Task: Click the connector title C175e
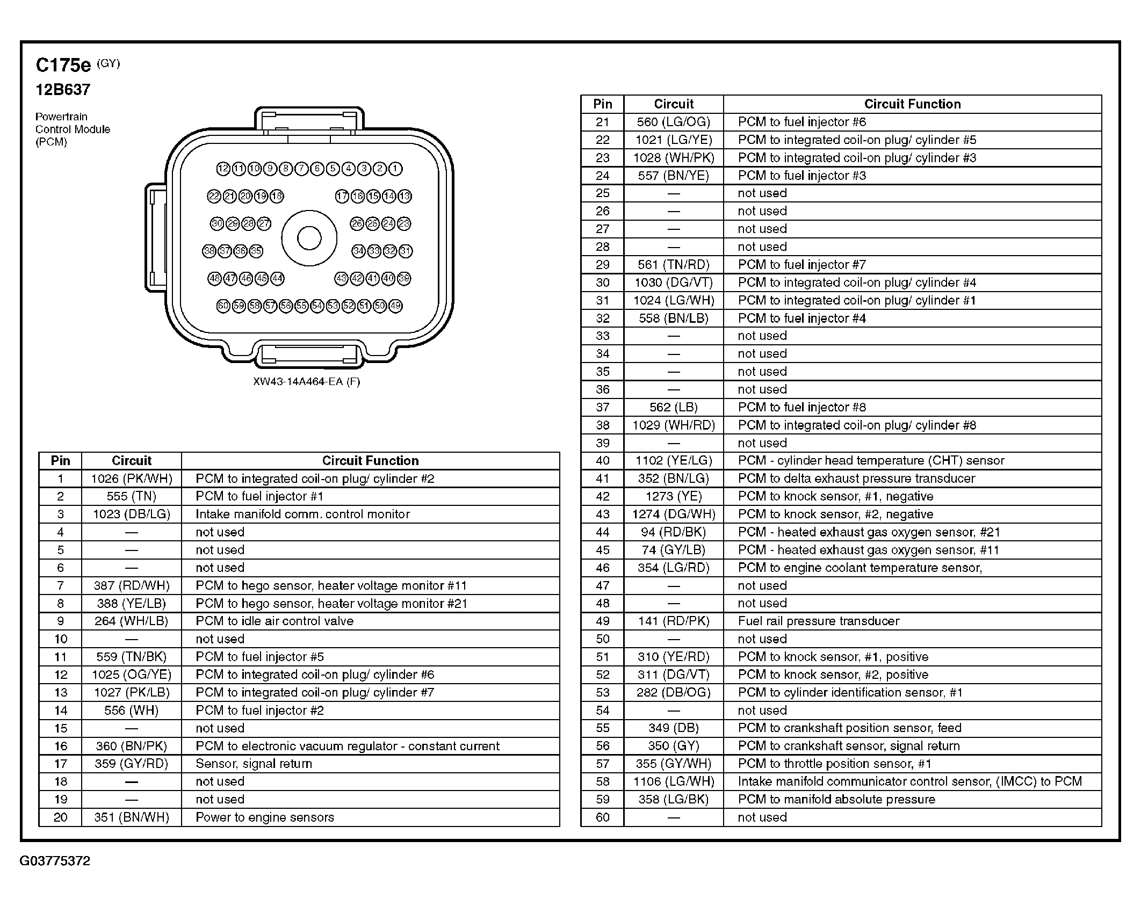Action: (63, 66)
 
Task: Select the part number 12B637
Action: (63, 90)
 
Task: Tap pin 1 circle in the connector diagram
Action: (395, 169)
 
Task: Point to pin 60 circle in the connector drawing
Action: (223, 306)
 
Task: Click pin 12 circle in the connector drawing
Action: (223, 169)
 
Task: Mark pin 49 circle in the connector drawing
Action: (395, 306)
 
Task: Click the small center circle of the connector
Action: (309, 238)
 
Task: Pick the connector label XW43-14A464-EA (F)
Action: (306, 382)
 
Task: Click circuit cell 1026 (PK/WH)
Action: (132, 479)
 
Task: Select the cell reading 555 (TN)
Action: (132, 496)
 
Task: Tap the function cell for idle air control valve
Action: (275, 621)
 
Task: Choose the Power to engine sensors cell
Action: (265, 817)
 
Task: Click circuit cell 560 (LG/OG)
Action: (674, 122)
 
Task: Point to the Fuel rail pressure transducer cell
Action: (819, 621)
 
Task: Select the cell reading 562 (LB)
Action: (674, 407)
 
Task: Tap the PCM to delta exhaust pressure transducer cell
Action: (856, 479)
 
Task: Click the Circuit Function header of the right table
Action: (912, 104)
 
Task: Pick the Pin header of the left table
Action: (60, 461)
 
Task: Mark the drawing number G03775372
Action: (55, 861)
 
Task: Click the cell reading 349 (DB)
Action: (674, 728)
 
